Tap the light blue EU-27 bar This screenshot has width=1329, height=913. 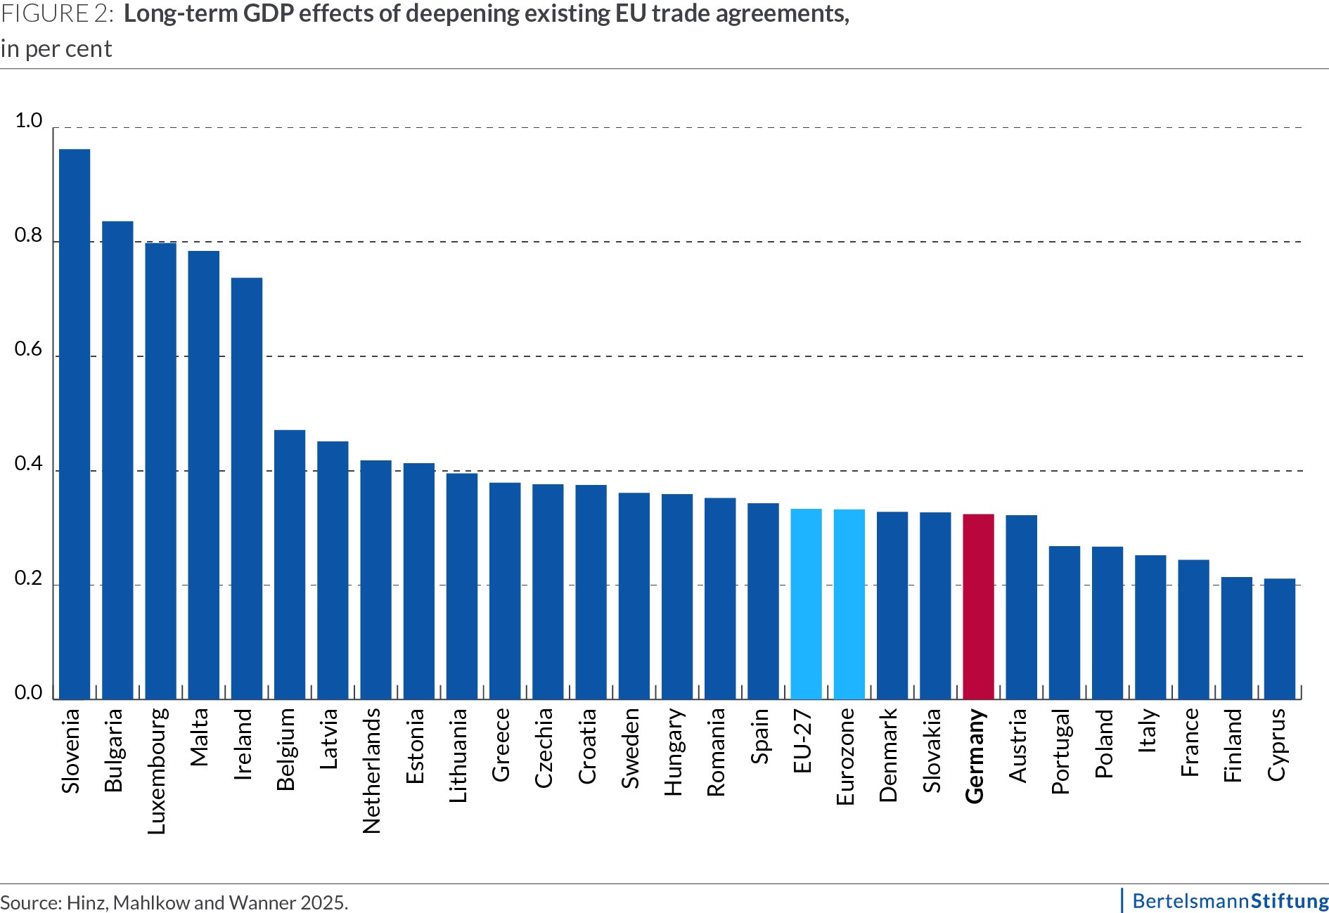[x=806, y=604]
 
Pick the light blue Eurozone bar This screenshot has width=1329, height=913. [x=849, y=604]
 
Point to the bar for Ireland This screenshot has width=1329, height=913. [x=247, y=488]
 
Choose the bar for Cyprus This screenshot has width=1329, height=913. [x=1279, y=639]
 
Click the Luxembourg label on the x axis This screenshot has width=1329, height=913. [x=158, y=771]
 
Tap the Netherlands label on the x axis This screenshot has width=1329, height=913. [x=372, y=770]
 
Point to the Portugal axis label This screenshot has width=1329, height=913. [x=1060, y=751]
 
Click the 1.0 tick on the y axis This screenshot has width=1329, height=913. [x=29, y=121]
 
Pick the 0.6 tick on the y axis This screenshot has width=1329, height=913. [x=29, y=350]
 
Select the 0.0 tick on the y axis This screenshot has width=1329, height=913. [x=29, y=693]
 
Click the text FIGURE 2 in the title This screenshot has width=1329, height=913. [x=56, y=15]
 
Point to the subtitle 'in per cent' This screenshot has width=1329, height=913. [x=56, y=49]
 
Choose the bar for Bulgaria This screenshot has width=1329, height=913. [x=117, y=460]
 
